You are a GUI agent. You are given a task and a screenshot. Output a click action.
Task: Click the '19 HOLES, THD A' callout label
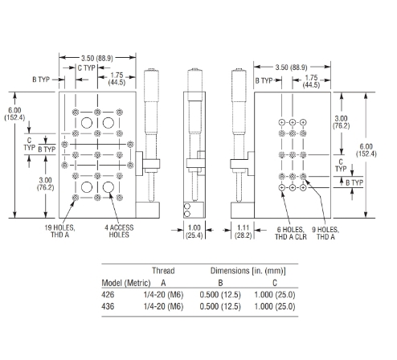[x=59, y=231]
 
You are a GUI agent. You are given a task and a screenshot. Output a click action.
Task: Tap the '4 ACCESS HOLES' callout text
[x=119, y=231]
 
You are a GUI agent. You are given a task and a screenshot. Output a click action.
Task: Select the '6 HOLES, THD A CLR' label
[x=291, y=233]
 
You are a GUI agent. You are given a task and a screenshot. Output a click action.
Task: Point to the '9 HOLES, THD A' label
[x=325, y=233]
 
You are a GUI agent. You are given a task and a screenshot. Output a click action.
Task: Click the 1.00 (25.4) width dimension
[x=194, y=231]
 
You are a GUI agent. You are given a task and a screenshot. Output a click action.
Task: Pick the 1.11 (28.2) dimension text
[x=244, y=231]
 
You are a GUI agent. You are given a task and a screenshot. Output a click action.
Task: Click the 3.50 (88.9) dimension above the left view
[x=97, y=58]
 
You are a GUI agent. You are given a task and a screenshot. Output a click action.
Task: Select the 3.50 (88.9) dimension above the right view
[x=292, y=67]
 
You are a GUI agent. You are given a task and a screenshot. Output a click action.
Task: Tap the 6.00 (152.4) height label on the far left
[x=14, y=114]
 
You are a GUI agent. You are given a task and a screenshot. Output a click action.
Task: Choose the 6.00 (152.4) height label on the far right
[x=366, y=150]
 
